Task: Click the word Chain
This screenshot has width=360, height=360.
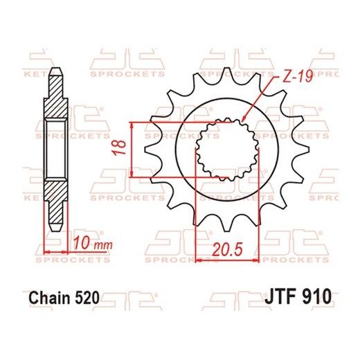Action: [x=49, y=298]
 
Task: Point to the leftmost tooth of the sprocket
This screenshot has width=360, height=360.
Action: [x=149, y=147]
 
